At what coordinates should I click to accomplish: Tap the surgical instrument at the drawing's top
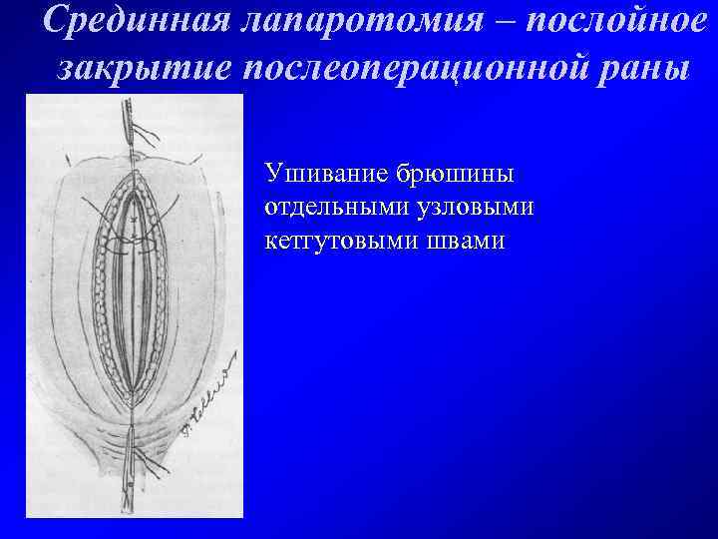click(130, 130)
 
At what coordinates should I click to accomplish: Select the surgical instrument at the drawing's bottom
click(132, 484)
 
